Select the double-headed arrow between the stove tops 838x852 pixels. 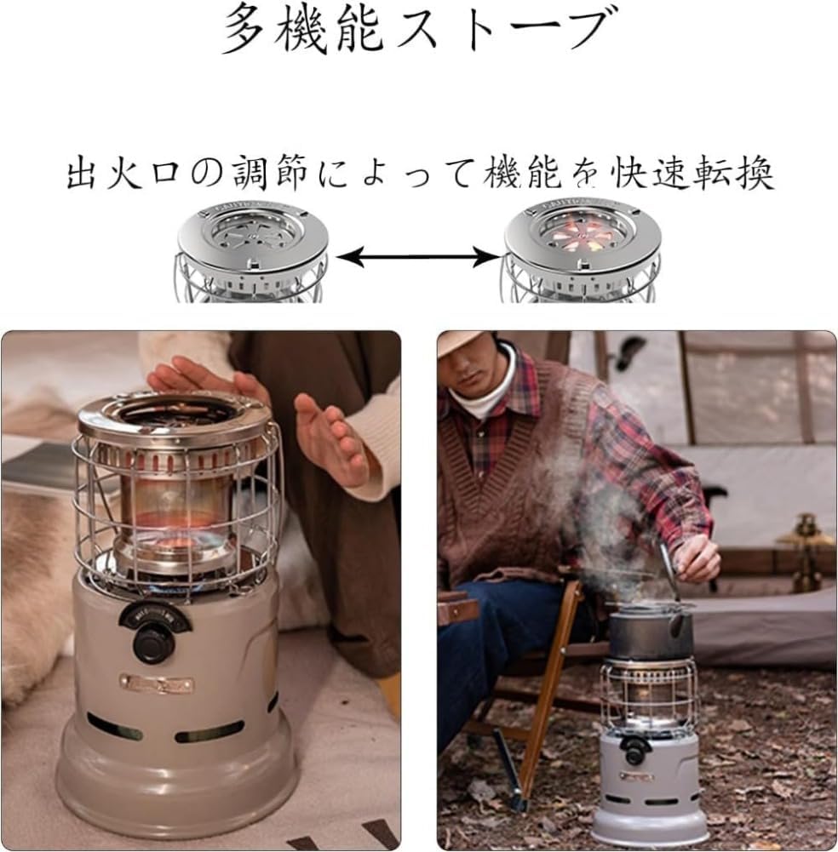coord(417,254)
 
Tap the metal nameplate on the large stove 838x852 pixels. coord(156,683)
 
